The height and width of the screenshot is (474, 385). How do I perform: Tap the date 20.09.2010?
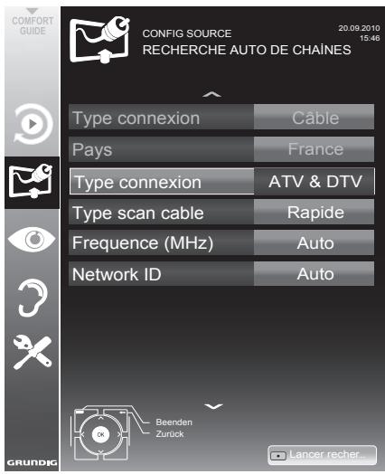pos(341,29)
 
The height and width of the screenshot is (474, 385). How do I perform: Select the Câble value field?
pos(315,118)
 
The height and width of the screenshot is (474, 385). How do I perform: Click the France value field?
pos(315,149)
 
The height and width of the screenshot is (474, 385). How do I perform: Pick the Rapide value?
pos(315,213)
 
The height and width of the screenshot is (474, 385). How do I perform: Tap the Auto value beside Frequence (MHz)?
pos(315,242)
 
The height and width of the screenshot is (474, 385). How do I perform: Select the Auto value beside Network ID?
pos(315,273)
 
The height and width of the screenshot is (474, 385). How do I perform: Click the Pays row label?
pos(94,149)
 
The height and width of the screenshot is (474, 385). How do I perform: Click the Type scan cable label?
pos(138,213)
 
